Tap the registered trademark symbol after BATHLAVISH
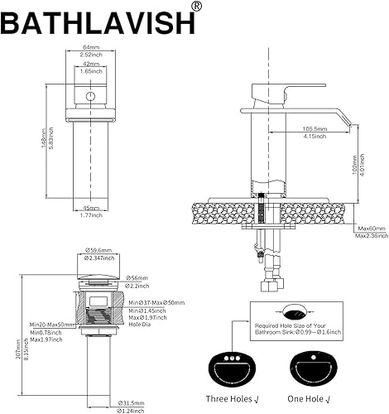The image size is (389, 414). [195, 7]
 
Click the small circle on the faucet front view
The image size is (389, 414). [89, 98]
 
